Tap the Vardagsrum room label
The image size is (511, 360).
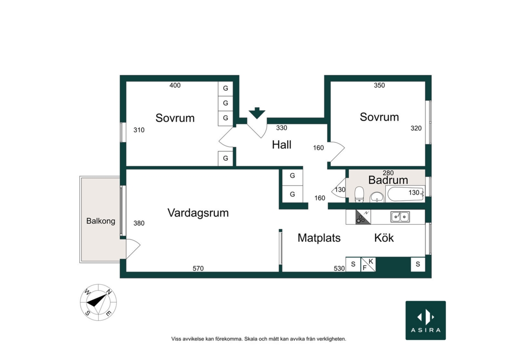click(x=198, y=213)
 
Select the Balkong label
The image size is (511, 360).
click(x=101, y=221)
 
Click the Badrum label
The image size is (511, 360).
click(x=388, y=180)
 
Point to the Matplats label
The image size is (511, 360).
click(x=319, y=238)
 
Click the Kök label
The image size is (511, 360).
click(x=384, y=238)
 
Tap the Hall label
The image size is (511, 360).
click(x=282, y=145)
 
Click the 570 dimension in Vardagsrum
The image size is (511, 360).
click(x=198, y=268)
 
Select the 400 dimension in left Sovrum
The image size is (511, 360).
click(x=175, y=85)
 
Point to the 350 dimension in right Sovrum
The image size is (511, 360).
click(x=379, y=85)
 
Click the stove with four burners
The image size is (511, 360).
click(x=363, y=217)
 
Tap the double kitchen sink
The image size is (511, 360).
click(x=400, y=217)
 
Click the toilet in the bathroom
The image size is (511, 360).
click(x=359, y=194)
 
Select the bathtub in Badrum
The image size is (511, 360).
click(x=406, y=194)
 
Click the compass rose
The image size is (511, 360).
click(x=99, y=302)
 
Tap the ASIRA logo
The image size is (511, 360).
click(x=426, y=320)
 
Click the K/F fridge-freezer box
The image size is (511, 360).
click(x=368, y=264)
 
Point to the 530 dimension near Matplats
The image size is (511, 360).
click(x=339, y=268)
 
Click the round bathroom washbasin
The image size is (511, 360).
click(x=377, y=197)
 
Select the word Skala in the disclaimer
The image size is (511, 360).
click(x=250, y=339)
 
